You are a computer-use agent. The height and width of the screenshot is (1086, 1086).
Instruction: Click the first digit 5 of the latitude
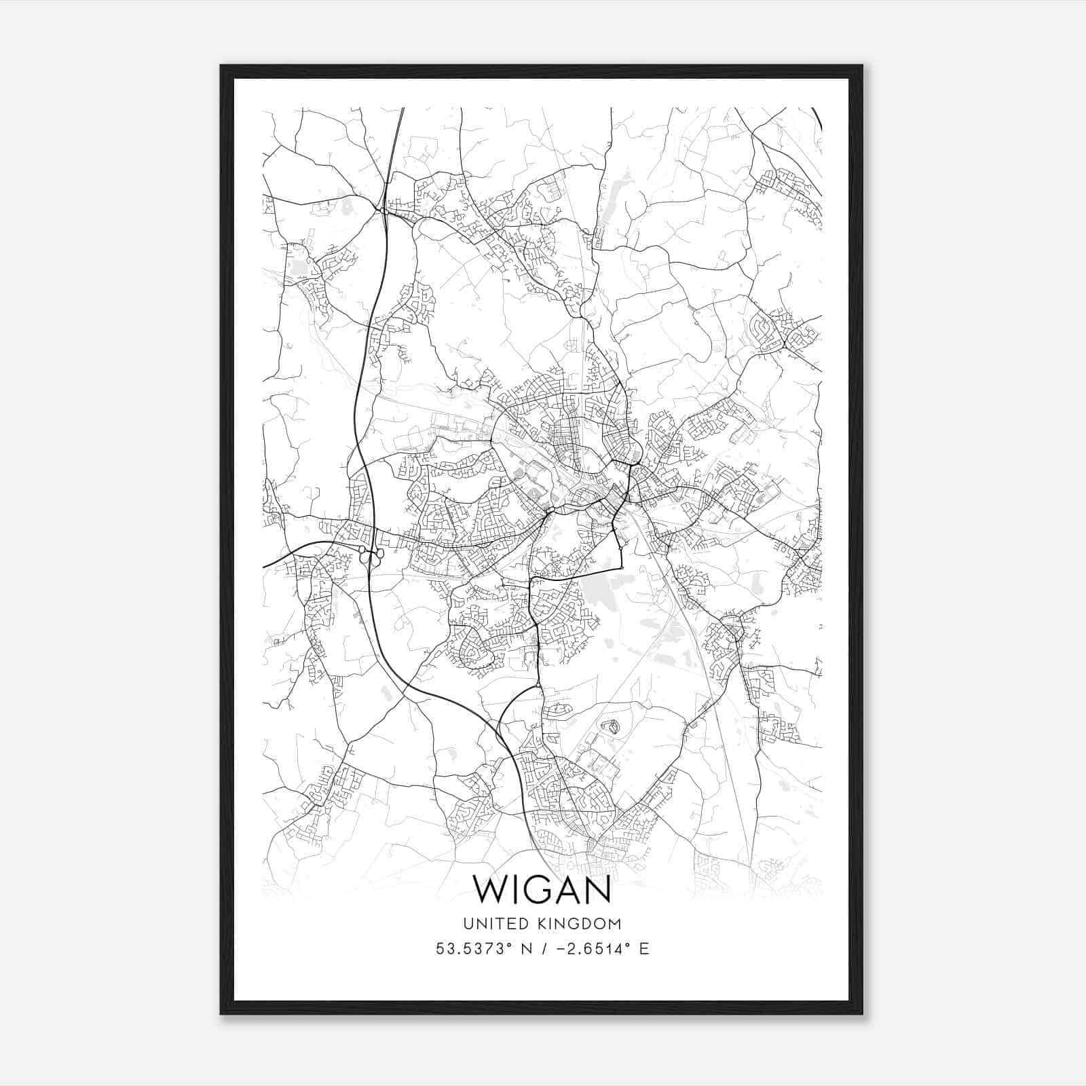(440, 949)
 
